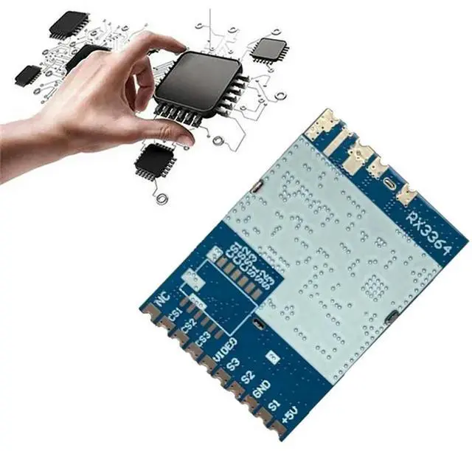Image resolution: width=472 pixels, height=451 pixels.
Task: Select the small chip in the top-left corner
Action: click(x=69, y=25)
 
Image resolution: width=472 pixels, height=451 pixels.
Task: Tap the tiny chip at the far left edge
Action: click(x=29, y=73)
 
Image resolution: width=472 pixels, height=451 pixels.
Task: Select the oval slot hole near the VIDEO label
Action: click(x=256, y=325)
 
